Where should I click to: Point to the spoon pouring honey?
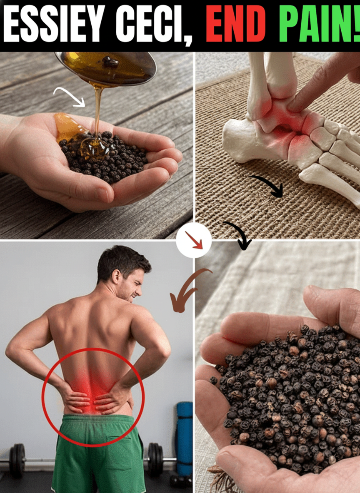[105, 67]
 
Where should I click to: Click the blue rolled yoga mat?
[185, 438]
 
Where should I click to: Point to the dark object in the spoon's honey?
[110, 62]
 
